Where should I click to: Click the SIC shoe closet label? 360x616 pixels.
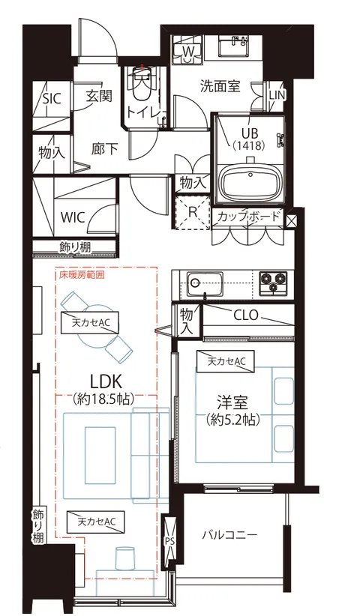tap(52, 99)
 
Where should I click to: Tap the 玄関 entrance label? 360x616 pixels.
tap(99, 96)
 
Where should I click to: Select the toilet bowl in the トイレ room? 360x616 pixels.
tap(141, 83)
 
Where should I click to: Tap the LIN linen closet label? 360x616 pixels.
tap(277, 95)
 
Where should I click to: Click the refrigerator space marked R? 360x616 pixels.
tap(193, 212)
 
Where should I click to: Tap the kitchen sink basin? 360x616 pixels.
tap(205, 285)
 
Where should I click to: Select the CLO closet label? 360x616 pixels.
tap(246, 315)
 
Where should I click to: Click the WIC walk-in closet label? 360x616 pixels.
tap(73, 217)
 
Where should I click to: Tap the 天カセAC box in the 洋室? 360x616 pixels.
tap(226, 361)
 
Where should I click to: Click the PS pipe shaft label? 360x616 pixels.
tap(169, 540)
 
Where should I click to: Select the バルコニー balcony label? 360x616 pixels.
tap(230, 534)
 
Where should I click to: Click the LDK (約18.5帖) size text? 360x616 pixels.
tap(103, 399)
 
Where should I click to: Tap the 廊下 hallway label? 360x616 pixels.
tap(104, 148)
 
